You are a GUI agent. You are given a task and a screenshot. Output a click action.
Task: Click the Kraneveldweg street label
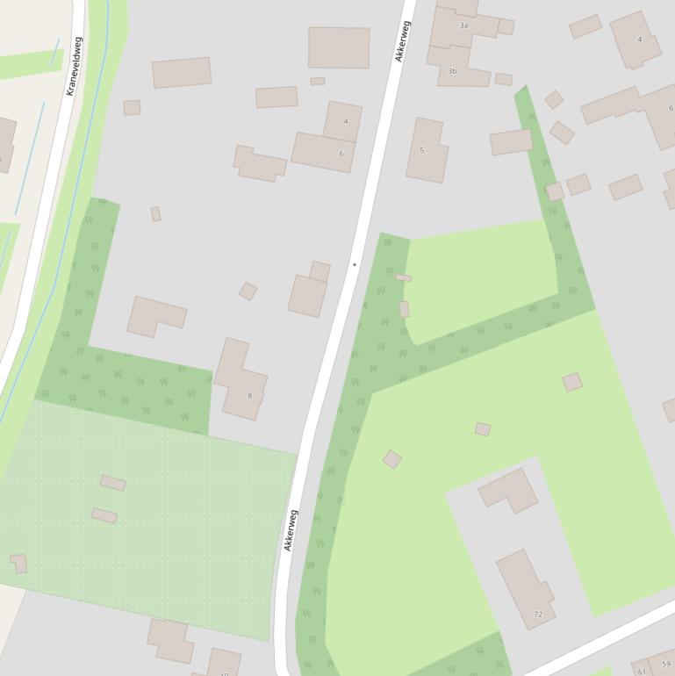[x=74, y=66]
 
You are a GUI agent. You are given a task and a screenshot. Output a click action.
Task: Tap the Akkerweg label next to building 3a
[x=404, y=41]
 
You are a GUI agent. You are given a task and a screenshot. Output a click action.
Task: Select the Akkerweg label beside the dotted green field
[x=291, y=530]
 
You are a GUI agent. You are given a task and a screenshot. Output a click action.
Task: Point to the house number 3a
[x=463, y=25]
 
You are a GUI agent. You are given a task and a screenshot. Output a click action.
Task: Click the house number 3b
[x=452, y=70]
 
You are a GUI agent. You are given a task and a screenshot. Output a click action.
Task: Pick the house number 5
[x=421, y=150]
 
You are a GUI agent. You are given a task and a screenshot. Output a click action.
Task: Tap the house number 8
[x=249, y=395]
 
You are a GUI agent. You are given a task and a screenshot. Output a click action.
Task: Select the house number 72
[x=538, y=614]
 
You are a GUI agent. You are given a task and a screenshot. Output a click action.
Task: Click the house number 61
[x=642, y=672]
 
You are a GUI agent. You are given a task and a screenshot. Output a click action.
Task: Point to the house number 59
[x=665, y=665]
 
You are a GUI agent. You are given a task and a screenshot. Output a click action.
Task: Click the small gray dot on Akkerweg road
[x=355, y=263]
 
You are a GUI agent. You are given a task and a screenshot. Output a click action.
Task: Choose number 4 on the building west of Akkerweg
[x=346, y=121]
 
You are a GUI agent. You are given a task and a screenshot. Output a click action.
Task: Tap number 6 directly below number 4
[x=341, y=154]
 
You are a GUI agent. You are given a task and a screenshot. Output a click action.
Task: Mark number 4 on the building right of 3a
[x=639, y=40]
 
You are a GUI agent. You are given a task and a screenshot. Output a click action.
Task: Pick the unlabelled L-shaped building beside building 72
[x=509, y=489]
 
